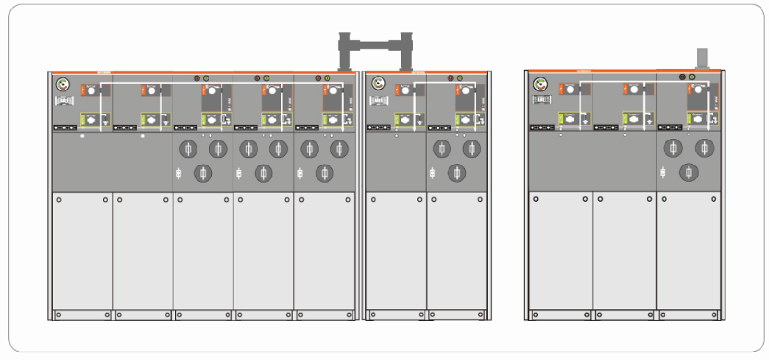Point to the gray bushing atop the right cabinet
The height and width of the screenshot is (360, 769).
[x=701, y=58]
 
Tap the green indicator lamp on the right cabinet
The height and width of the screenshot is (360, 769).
[x=692, y=77]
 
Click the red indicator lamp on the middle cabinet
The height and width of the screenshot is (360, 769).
[x=449, y=77]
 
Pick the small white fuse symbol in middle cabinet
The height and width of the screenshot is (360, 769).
[x=430, y=173]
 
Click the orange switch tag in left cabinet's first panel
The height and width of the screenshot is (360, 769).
[x=85, y=90]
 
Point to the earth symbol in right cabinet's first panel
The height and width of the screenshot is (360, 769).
[x=584, y=120]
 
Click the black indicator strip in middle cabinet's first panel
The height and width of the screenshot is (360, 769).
[x=380, y=127]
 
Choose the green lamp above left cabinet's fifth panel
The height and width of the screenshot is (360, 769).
[x=327, y=78]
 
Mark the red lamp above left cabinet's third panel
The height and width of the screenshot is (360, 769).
[x=196, y=78]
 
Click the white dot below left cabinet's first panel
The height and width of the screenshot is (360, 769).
[x=82, y=136]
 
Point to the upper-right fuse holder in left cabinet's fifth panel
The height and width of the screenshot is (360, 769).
[x=340, y=149]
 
